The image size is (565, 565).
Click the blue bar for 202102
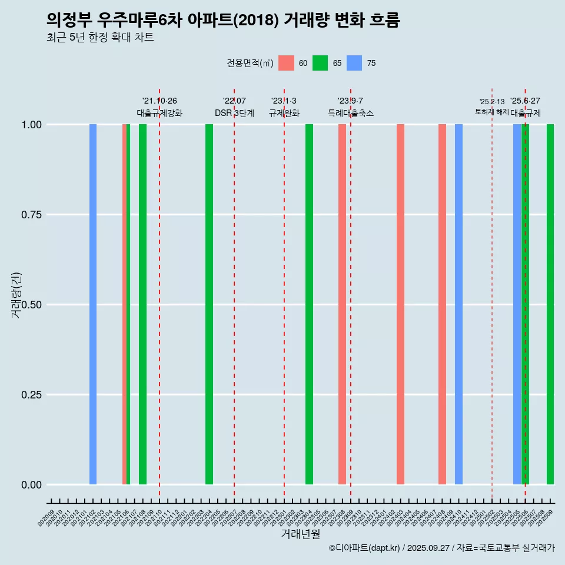pyautogui.click(x=93, y=304)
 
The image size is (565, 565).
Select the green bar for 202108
pyautogui.click(x=142, y=304)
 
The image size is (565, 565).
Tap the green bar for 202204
pyautogui.click(x=209, y=304)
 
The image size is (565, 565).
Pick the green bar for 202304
pyautogui.click(x=309, y=304)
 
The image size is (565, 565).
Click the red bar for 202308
pyautogui.click(x=342, y=304)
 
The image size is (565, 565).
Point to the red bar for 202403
pyautogui.click(x=400, y=304)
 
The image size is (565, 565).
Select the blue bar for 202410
pyautogui.click(x=458, y=304)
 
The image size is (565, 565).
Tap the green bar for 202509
pyautogui.click(x=550, y=304)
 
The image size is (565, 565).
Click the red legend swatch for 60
pyautogui.click(x=286, y=63)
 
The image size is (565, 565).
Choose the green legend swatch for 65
pyautogui.click(x=320, y=63)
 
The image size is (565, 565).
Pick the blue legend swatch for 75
pyautogui.click(x=354, y=63)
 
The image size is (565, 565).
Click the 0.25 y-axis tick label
pyautogui.click(x=31, y=395)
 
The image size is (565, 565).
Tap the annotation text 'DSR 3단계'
pyautogui.click(x=234, y=113)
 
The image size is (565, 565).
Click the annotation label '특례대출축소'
pyautogui.click(x=351, y=113)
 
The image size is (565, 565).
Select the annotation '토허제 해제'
pyautogui.click(x=491, y=112)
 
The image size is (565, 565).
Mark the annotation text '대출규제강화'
pyautogui.click(x=159, y=113)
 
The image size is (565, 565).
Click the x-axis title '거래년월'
pyautogui.click(x=300, y=534)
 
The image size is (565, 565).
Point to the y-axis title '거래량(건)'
pyautogui.click(x=16, y=295)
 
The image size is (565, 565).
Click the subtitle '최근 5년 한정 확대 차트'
pyautogui.click(x=100, y=38)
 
